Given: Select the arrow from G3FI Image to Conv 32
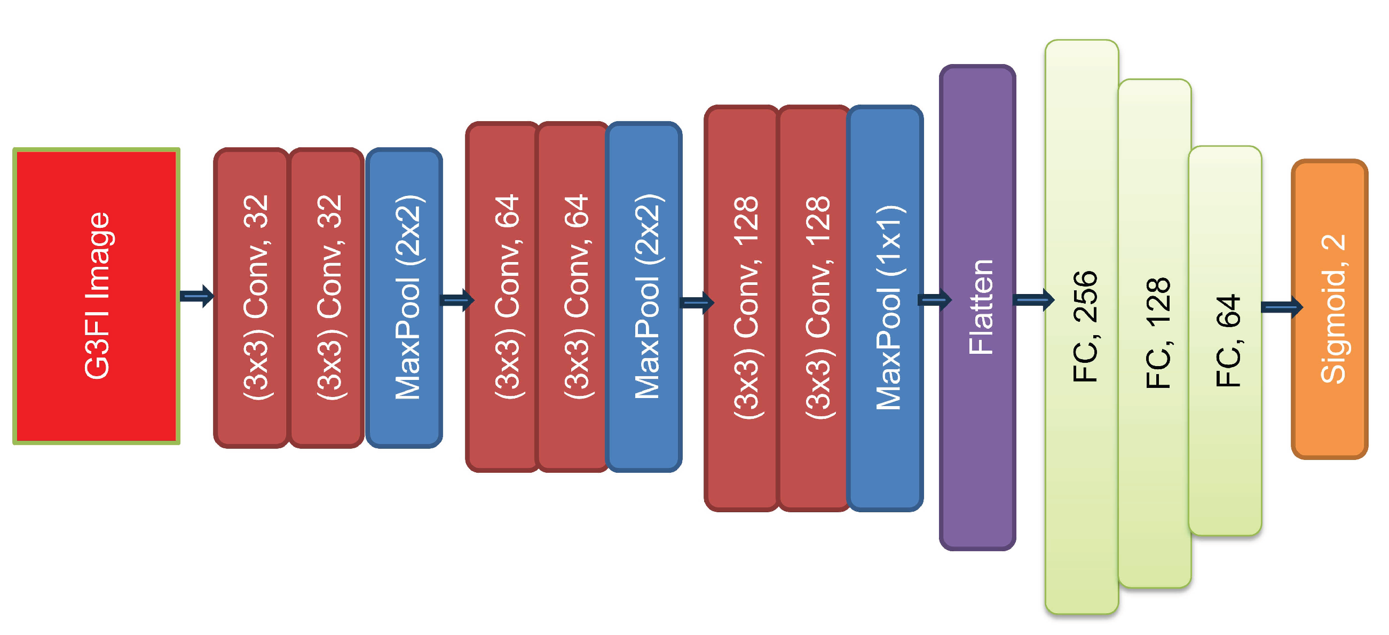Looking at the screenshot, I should [196, 296].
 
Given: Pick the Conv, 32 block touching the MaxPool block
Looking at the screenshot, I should [327, 298].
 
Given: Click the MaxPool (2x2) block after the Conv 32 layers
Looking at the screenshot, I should [405, 298].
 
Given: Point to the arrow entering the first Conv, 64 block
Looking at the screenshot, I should [457, 299].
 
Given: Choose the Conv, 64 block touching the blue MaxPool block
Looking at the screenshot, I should [573, 297].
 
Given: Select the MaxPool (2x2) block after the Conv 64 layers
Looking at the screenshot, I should [644, 297].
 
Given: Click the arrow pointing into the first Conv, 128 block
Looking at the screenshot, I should [696, 303].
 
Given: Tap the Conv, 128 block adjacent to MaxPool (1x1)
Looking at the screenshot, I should [814, 308].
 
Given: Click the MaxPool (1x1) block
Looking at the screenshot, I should [886, 308].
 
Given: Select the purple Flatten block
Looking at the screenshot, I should [977, 307].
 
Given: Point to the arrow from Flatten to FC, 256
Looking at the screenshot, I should [1033, 299].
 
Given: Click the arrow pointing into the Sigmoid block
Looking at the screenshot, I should [1281, 307].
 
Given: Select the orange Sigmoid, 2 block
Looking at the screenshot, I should [1330, 309].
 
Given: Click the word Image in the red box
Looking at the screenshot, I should [98, 256].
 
